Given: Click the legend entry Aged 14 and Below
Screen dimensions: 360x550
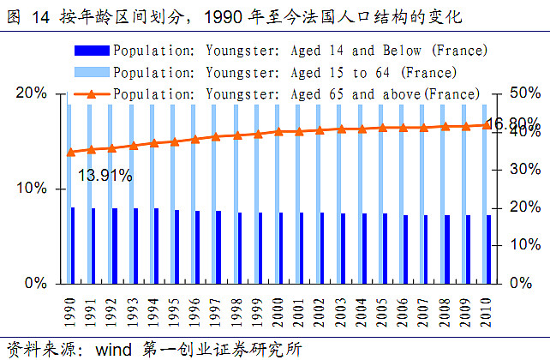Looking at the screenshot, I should click(300, 51).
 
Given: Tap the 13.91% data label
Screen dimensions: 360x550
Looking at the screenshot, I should click(105, 176).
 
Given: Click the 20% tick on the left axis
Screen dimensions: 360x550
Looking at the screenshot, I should click(33, 93).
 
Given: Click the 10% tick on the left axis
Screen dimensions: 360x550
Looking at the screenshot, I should click(33, 188).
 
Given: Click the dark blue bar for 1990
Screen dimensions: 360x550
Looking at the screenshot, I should click(72, 245).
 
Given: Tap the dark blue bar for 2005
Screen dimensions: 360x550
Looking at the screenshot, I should click(385, 248).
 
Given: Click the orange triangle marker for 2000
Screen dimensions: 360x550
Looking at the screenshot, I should click(279, 131).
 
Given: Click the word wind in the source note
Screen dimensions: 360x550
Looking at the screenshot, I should click(113, 349).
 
